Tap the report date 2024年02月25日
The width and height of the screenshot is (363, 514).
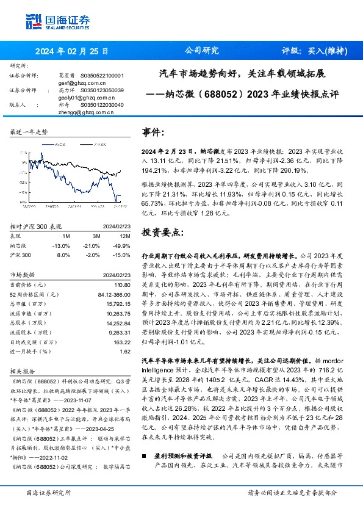click(68, 51)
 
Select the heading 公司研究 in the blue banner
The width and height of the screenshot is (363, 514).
click(201, 51)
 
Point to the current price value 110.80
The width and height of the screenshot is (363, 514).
click(122, 284)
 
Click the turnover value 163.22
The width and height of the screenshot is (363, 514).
click(122, 342)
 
